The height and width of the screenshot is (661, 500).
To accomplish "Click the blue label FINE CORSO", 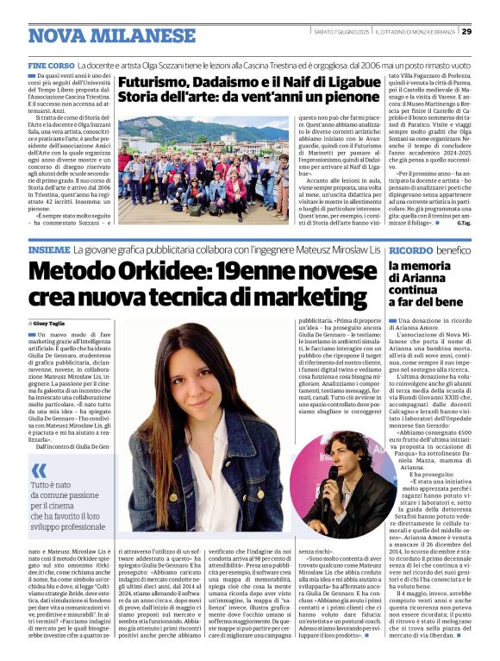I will (51, 66).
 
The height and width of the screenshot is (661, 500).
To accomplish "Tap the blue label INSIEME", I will (49, 249).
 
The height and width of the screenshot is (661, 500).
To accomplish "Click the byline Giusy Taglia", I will (58, 323).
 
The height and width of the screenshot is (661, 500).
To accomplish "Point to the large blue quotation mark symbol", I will (39, 470).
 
